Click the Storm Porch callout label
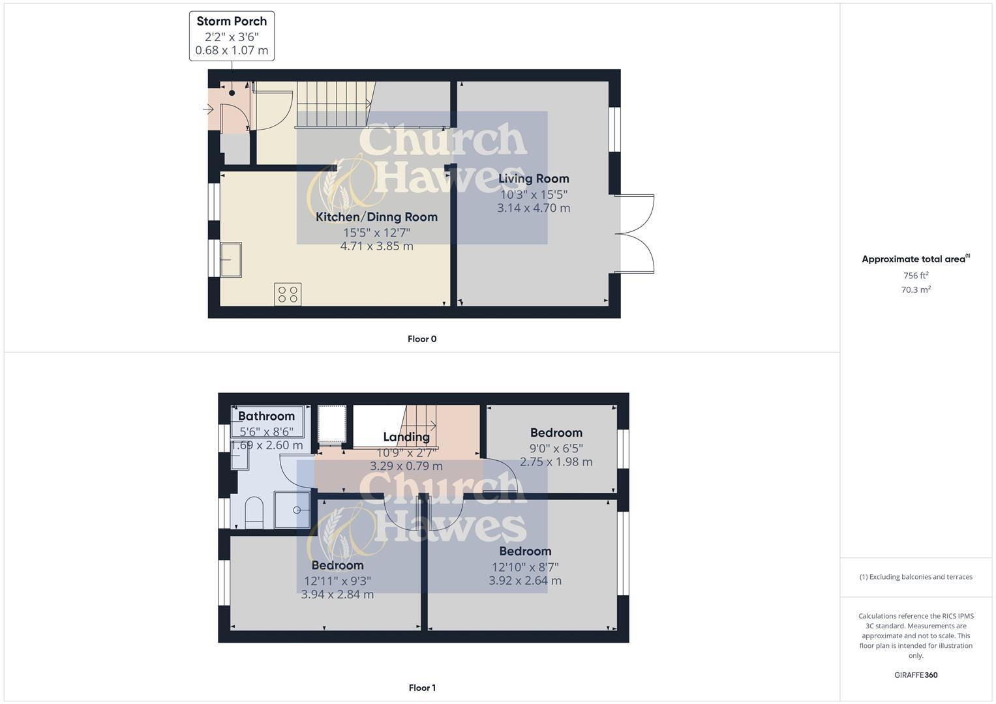tap(232, 36)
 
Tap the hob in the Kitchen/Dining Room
tap(288, 294)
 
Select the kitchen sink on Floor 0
tap(231, 259)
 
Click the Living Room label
tap(534, 179)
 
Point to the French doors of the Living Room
tap(634, 233)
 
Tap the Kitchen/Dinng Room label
tap(376, 217)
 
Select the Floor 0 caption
tap(422, 339)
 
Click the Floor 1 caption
tap(422, 688)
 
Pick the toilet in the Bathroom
tap(253, 512)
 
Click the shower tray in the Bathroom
tap(292, 510)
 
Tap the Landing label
tap(406, 437)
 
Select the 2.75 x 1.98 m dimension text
tap(556, 462)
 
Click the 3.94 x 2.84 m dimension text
tap(337, 594)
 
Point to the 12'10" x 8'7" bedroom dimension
tap(525, 567)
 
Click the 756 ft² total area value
tap(916, 276)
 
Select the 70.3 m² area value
tap(916, 290)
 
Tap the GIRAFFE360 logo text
tap(916, 675)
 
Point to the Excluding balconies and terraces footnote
tap(916, 577)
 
